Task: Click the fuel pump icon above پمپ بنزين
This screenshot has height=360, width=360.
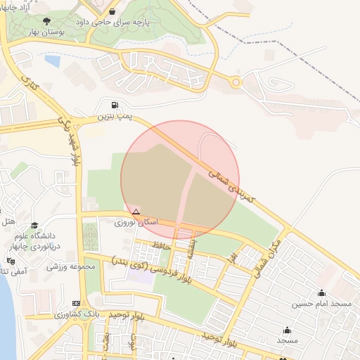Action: (115, 105)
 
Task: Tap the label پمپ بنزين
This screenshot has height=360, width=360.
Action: (115, 115)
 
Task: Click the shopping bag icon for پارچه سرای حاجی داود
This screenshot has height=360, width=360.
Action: (114, 12)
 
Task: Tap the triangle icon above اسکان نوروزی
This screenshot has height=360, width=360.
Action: (136, 212)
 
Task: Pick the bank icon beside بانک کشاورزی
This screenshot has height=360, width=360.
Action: (76, 303)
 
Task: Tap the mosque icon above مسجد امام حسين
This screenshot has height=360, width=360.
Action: (322, 293)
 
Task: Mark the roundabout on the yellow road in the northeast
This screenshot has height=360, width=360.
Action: (236, 83)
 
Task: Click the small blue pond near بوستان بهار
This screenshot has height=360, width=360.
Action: (52, 60)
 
